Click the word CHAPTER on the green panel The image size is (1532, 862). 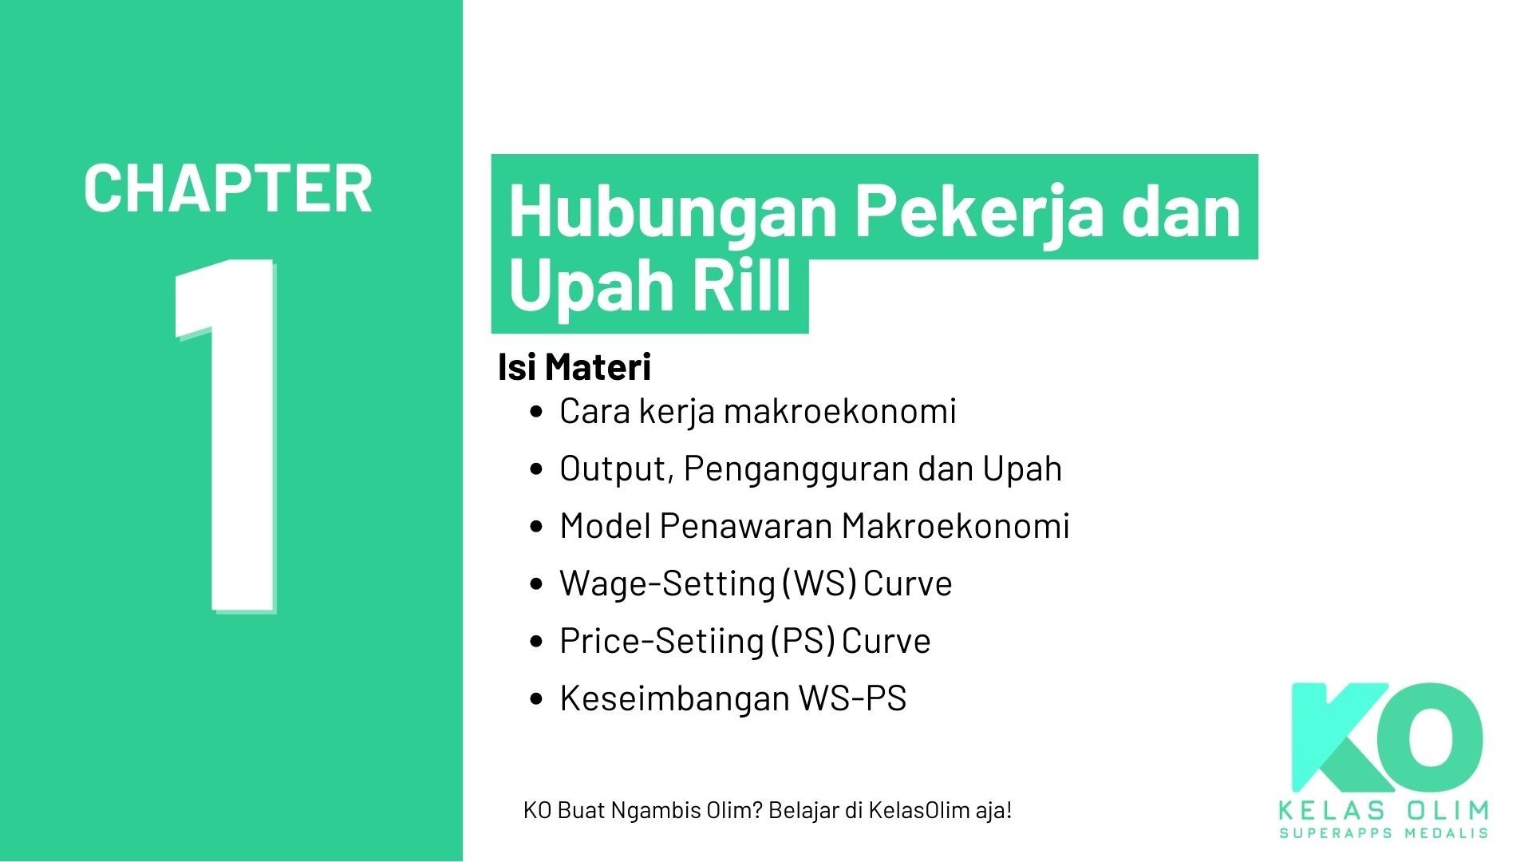[227, 189]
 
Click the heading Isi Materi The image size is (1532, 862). [574, 367]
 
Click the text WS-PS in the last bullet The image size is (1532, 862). [852, 698]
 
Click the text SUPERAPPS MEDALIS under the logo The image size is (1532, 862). [1384, 833]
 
